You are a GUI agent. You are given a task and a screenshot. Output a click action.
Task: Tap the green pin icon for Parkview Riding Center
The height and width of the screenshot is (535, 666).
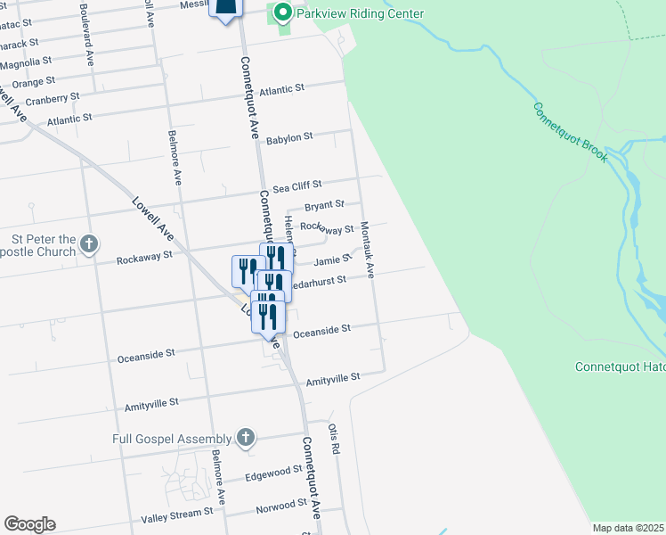click(x=283, y=12)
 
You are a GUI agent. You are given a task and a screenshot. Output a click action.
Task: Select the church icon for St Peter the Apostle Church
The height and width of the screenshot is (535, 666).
click(x=88, y=243)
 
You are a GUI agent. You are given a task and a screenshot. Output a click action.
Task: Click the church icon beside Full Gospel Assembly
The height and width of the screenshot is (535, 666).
click(x=247, y=438)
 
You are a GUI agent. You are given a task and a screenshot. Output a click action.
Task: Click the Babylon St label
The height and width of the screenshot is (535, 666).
click(x=289, y=138)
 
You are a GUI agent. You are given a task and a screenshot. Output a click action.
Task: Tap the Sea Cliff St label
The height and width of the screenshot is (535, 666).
click(x=296, y=187)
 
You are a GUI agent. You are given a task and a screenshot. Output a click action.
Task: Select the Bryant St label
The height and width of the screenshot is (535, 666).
click(x=324, y=206)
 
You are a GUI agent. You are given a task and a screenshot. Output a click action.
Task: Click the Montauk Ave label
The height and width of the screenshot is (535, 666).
click(x=367, y=249)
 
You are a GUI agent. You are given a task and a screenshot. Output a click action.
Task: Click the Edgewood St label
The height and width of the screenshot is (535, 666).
click(x=274, y=472)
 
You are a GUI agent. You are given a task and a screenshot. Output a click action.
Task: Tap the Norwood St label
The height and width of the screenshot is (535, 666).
click(x=280, y=505)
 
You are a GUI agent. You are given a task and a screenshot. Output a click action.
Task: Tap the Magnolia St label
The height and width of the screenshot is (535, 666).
click(x=26, y=63)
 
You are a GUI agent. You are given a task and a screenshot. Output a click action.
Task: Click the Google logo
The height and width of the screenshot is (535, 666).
click(x=29, y=524)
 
